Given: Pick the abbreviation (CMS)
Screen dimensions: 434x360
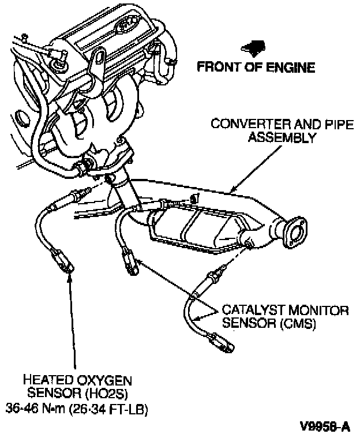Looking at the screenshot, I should (298, 324).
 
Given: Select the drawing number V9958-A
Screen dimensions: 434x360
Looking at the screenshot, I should (325, 426).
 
